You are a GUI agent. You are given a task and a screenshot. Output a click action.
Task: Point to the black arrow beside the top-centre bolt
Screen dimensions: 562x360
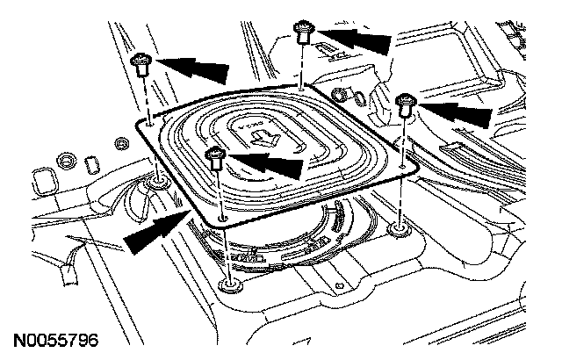coord(357,39)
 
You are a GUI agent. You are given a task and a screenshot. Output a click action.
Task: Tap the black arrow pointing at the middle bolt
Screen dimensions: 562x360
coord(268,161)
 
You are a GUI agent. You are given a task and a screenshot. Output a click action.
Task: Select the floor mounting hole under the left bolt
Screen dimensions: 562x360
coord(157,182)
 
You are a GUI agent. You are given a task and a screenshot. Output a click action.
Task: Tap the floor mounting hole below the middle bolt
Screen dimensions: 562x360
coord(230,284)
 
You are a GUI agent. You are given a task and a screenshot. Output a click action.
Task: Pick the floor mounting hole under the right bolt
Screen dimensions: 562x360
coord(399,230)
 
